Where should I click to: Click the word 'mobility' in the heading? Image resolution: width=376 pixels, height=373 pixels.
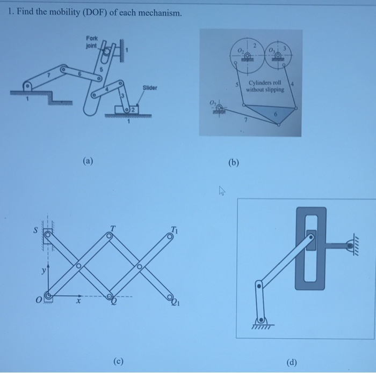[x=61, y=12]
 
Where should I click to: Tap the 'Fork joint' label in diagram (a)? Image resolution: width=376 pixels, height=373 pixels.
[x=91, y=42]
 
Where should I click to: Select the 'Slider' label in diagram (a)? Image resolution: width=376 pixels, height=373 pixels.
[x=149, y=87]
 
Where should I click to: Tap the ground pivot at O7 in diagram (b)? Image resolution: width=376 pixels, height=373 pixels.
[x=219, y=109]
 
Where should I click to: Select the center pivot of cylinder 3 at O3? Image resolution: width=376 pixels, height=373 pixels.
[x=278, y=56]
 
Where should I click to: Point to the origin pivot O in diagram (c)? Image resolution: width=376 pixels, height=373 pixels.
[x=49, y=295]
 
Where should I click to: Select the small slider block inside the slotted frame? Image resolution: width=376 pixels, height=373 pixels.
[x=311, y=236]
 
